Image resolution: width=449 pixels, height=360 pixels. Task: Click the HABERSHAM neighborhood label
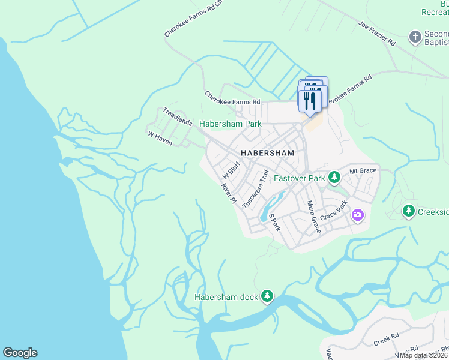pos(268,153)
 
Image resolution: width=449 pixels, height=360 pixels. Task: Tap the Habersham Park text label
pos(231,124)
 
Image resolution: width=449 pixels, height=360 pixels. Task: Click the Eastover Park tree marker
pos(335,178)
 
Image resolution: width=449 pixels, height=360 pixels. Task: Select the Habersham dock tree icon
pos(267,296)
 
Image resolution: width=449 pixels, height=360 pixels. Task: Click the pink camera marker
pos(358,214)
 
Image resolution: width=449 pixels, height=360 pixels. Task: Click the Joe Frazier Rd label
pos(377,34)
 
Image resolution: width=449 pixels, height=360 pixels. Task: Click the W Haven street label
pos(160,136)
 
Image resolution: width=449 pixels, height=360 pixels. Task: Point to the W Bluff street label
pos(231,170)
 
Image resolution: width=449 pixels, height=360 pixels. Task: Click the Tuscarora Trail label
pos(255,189)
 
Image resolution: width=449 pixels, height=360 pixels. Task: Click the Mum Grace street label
pos(313,217)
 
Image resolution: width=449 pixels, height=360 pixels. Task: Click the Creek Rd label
pos(386,339)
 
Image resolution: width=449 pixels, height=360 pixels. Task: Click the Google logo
pos(20,353)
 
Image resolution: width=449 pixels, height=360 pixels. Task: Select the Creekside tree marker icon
pos(408,211)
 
